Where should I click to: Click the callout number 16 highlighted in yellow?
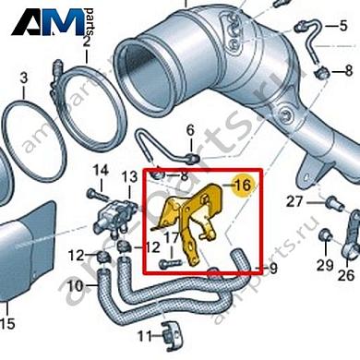[x=243, y=186]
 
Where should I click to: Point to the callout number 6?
[x=190, y=129]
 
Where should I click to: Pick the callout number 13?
[x=129, y=176]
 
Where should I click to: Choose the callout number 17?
[x=171, y=239]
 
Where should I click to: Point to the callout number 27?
[x=294, y=201]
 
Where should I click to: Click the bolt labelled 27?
[x=328, y=202]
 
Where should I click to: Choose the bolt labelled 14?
[x=92, y=193]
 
